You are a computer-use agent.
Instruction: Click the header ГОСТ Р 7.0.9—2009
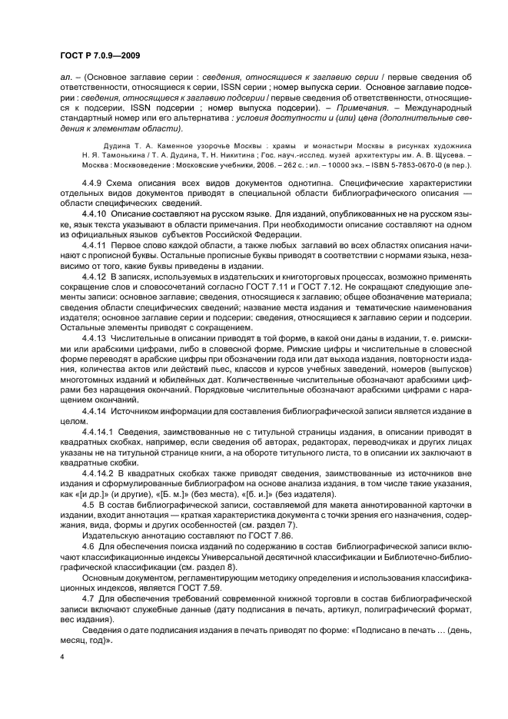(x=99, y=55)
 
